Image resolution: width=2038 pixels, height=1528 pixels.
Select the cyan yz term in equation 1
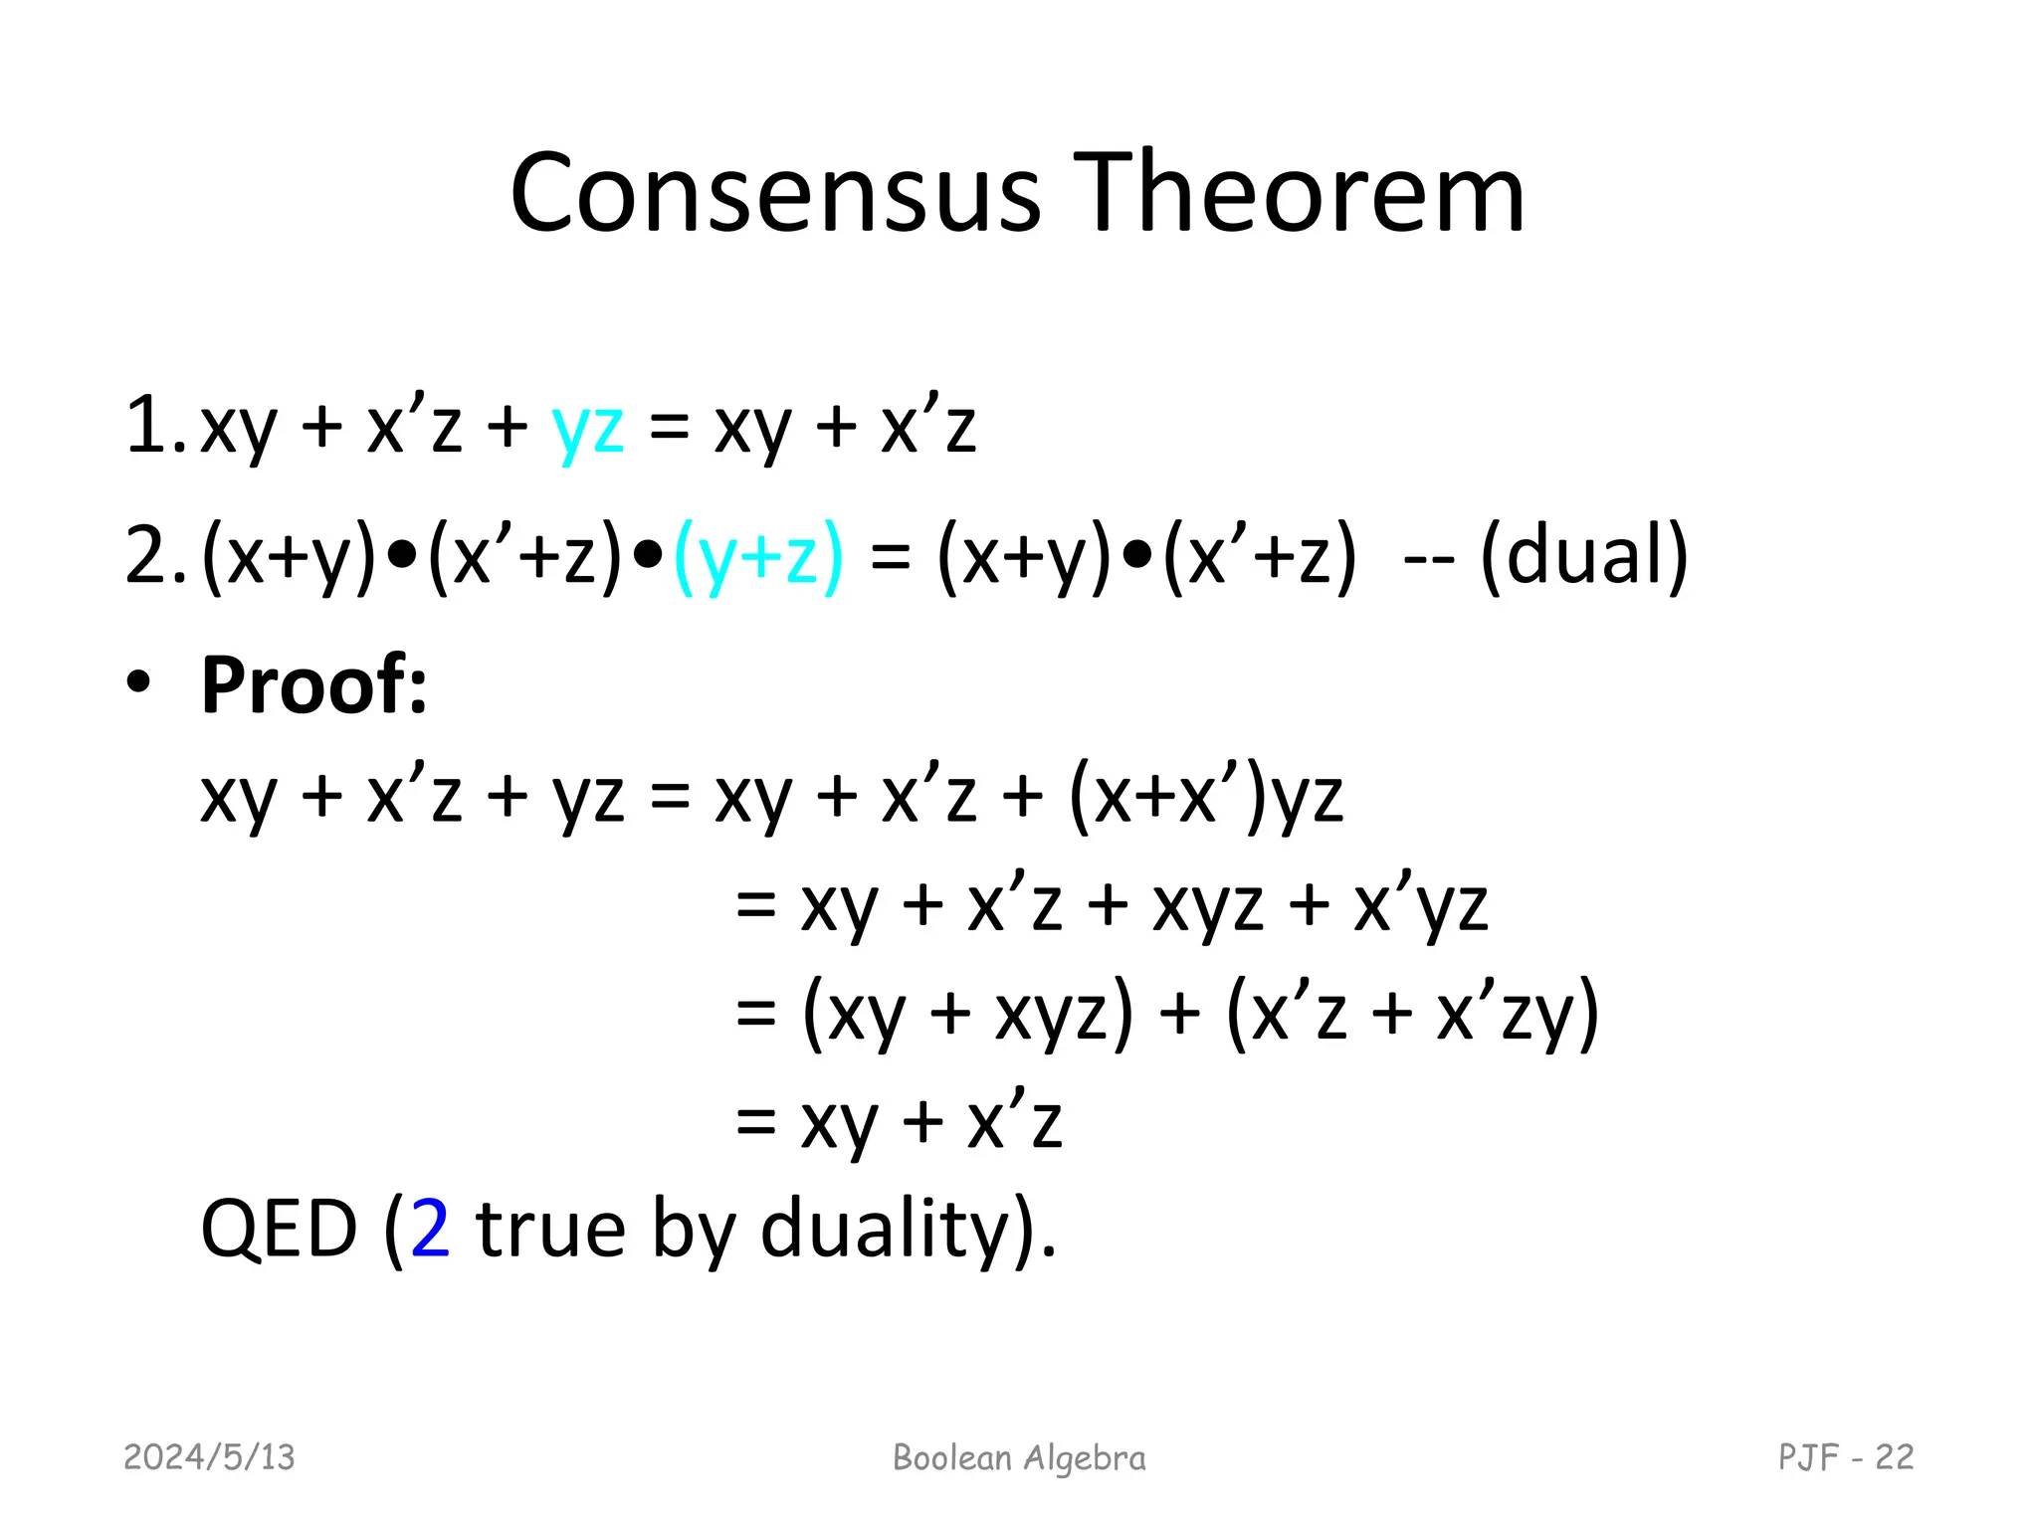coord(588,428)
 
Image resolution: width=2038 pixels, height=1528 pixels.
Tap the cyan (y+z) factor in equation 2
coord(758,557)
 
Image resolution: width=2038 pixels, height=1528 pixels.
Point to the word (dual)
coord(1584,555)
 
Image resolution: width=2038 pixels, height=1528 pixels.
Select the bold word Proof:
coord(313,685)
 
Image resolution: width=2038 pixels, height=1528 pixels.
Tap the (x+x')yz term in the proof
coord(1205,797)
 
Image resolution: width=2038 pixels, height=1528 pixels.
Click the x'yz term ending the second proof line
coord(1420,906)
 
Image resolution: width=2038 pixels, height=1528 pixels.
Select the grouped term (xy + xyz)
coord(967,1015)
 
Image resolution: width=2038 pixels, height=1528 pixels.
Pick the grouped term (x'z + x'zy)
coord(1412,1015)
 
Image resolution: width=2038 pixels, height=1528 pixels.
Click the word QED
coord(279,1230)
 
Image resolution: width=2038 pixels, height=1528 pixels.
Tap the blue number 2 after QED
coord(430,1230)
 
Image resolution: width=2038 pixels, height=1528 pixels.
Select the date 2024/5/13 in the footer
coord(209,1457)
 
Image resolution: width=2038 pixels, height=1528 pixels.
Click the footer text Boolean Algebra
coord(1019,1458)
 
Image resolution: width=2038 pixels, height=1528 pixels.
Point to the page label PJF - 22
coord(1845,1457)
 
